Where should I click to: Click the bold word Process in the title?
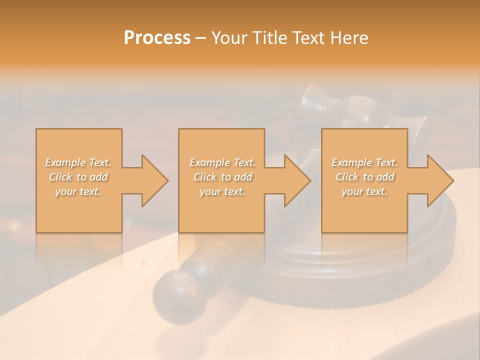pos(157,38)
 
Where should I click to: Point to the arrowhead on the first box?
pos(153,180)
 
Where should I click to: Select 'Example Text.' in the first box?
pos(78,162)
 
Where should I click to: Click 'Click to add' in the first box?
pos(78,177)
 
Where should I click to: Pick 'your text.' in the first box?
pos(78,191)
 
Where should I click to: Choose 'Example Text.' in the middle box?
pos(222,162)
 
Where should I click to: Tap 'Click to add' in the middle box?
pos(222,177)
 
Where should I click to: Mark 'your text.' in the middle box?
pos(222,191)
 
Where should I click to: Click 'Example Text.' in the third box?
pos(364,162)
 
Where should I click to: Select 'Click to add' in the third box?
pos(364,177)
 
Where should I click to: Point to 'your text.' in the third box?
pos(364,191)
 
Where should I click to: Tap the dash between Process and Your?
pos(200,38)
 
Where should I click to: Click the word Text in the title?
pos(307,38)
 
